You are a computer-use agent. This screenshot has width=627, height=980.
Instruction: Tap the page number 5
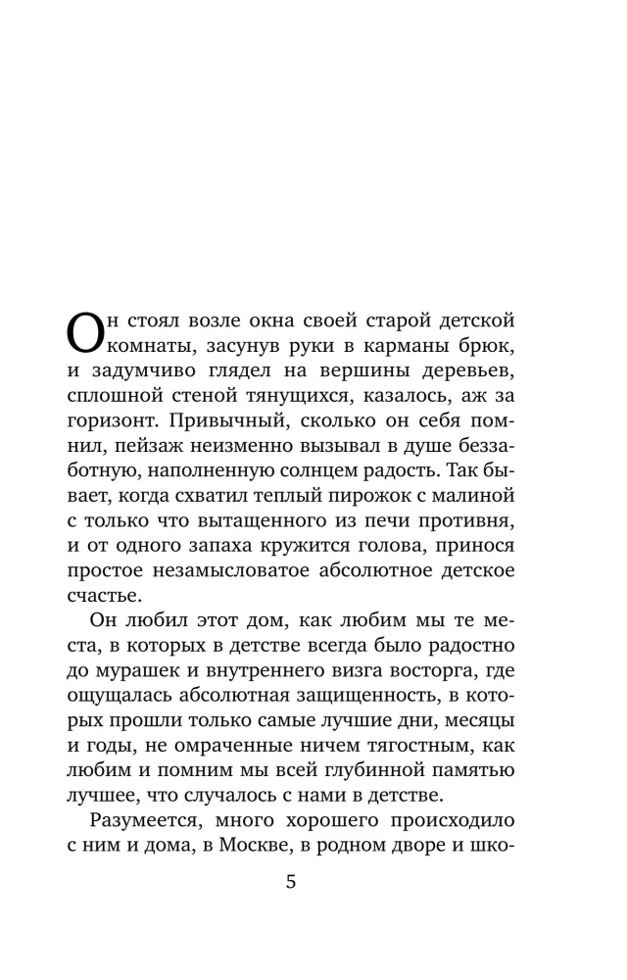(290, 881)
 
